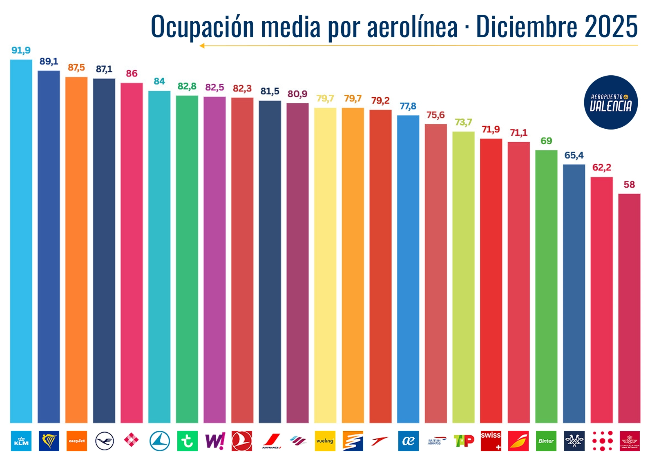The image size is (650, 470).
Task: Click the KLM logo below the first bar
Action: pos(21,441)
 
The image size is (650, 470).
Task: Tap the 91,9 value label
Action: pos(21,50)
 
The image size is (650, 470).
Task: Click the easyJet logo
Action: pos(76,441)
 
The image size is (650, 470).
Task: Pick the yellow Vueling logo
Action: pos(325,441)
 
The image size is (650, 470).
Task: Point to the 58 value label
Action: pos(629,184)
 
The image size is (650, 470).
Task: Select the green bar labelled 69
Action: pos(546,286)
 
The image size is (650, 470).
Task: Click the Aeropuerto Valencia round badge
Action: pos(611,102)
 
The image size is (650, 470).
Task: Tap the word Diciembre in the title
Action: pos(527,27)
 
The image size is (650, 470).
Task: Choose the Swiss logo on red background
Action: pos(491,441)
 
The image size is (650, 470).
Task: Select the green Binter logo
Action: pos(546,441)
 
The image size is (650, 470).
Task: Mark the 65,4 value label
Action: pos(574,155)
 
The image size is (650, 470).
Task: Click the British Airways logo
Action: pos(436,441)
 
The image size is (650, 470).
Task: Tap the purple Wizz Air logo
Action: pos(215,441)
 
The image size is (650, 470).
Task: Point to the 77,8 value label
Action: pos(408,106)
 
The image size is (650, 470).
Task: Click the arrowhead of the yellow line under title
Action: pos(202,46)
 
